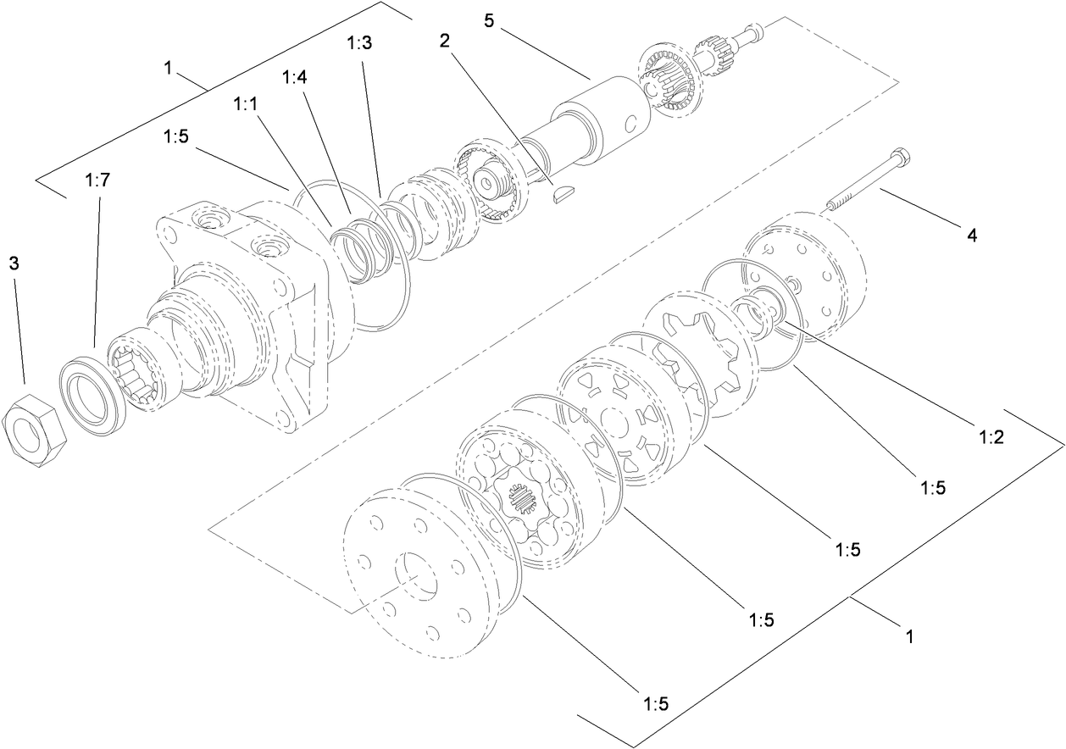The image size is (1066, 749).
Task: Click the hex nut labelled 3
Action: pos(33,430)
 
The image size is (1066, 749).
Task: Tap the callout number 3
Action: pos(14,264)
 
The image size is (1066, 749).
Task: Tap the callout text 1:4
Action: pos(295,78)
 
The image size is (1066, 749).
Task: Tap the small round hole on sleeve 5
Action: pos(630,125)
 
